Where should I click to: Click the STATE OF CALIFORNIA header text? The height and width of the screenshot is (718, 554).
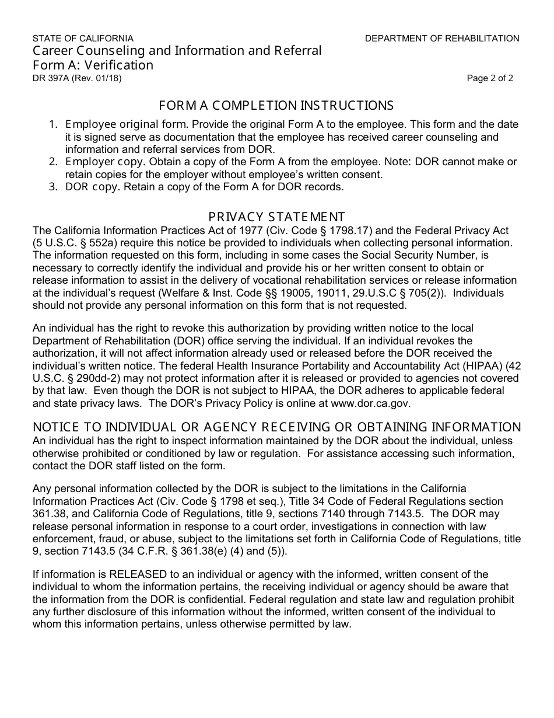83,39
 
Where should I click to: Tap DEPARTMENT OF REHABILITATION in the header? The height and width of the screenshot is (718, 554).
442,39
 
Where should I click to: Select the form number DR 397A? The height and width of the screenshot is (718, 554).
51,78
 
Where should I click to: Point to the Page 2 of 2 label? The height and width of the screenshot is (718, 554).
490,78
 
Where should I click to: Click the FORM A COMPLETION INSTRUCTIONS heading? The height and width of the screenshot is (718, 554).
276,106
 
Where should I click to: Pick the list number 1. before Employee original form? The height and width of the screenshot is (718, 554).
53,124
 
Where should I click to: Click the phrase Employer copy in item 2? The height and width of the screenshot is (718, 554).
96,162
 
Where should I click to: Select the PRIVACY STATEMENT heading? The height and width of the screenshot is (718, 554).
276,217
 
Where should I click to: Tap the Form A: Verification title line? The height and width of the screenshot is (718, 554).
93,65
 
